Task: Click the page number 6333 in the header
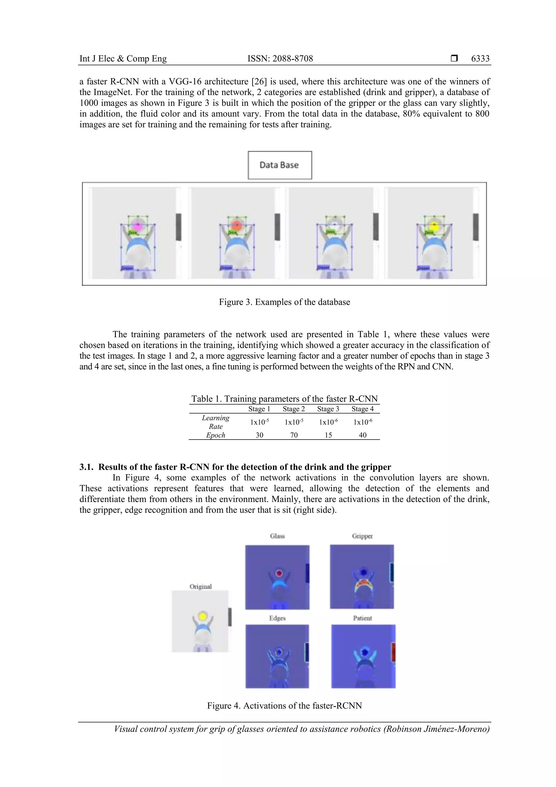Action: click(x=480, y=59)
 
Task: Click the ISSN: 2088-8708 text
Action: click(x=280, y=59)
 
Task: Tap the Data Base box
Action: click(x=280, y=165)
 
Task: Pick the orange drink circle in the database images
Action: click(x=236, y=225)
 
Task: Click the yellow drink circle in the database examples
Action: click(x=434, y=225)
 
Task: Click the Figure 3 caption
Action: click(x=284, y=302)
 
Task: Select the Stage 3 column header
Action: click(x=328, y=409)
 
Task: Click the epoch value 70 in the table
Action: click(x=293, y=435)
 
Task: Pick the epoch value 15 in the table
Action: click(x=328, y=435)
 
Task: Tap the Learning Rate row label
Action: click(x=216, y=422)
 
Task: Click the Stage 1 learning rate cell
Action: click(x=259, y=422)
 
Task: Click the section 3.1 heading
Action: click(x=235, y=467)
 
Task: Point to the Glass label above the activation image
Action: click(x=277, y=536)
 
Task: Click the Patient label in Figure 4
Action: click(x=362, y=618)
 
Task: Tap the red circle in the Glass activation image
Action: click(x=279, y=573)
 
